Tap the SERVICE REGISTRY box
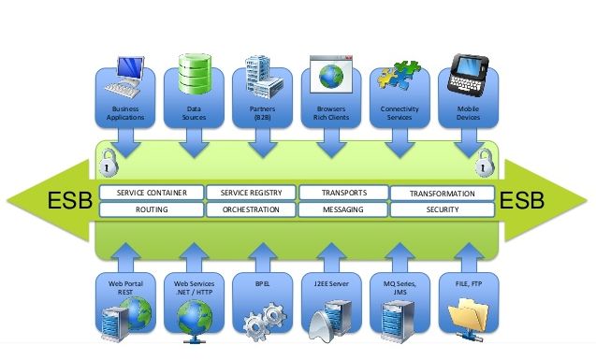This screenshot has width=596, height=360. click(x=250, y=193)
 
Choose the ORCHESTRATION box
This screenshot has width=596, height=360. click(x=250, y=210)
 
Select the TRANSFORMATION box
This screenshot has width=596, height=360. click(x=440, y=194)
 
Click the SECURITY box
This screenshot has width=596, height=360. click(x=440, y=210)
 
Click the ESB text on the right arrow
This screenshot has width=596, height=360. click(x=524, y=201)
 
